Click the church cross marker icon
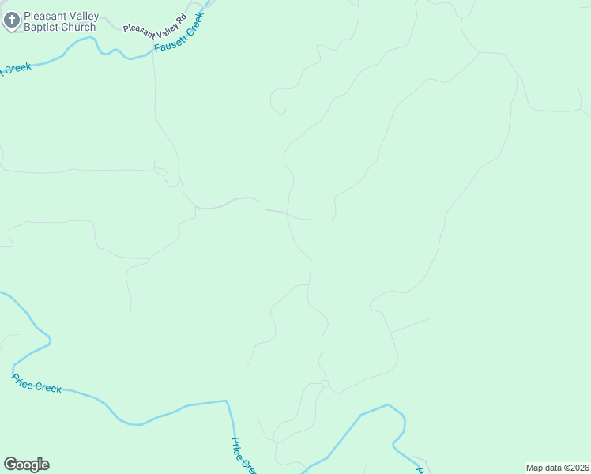[x=12, y=21]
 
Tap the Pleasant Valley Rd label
[x=155, y=22]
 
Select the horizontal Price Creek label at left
[x=36, y=383]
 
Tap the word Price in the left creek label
[x=24, y=379]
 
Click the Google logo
[x=26, y=465]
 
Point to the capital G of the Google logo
[x=10, y=464]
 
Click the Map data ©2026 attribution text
[x=556, y=468]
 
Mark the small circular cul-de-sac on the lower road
[x=325, y=383]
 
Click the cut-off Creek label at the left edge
[x=16, y=69]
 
